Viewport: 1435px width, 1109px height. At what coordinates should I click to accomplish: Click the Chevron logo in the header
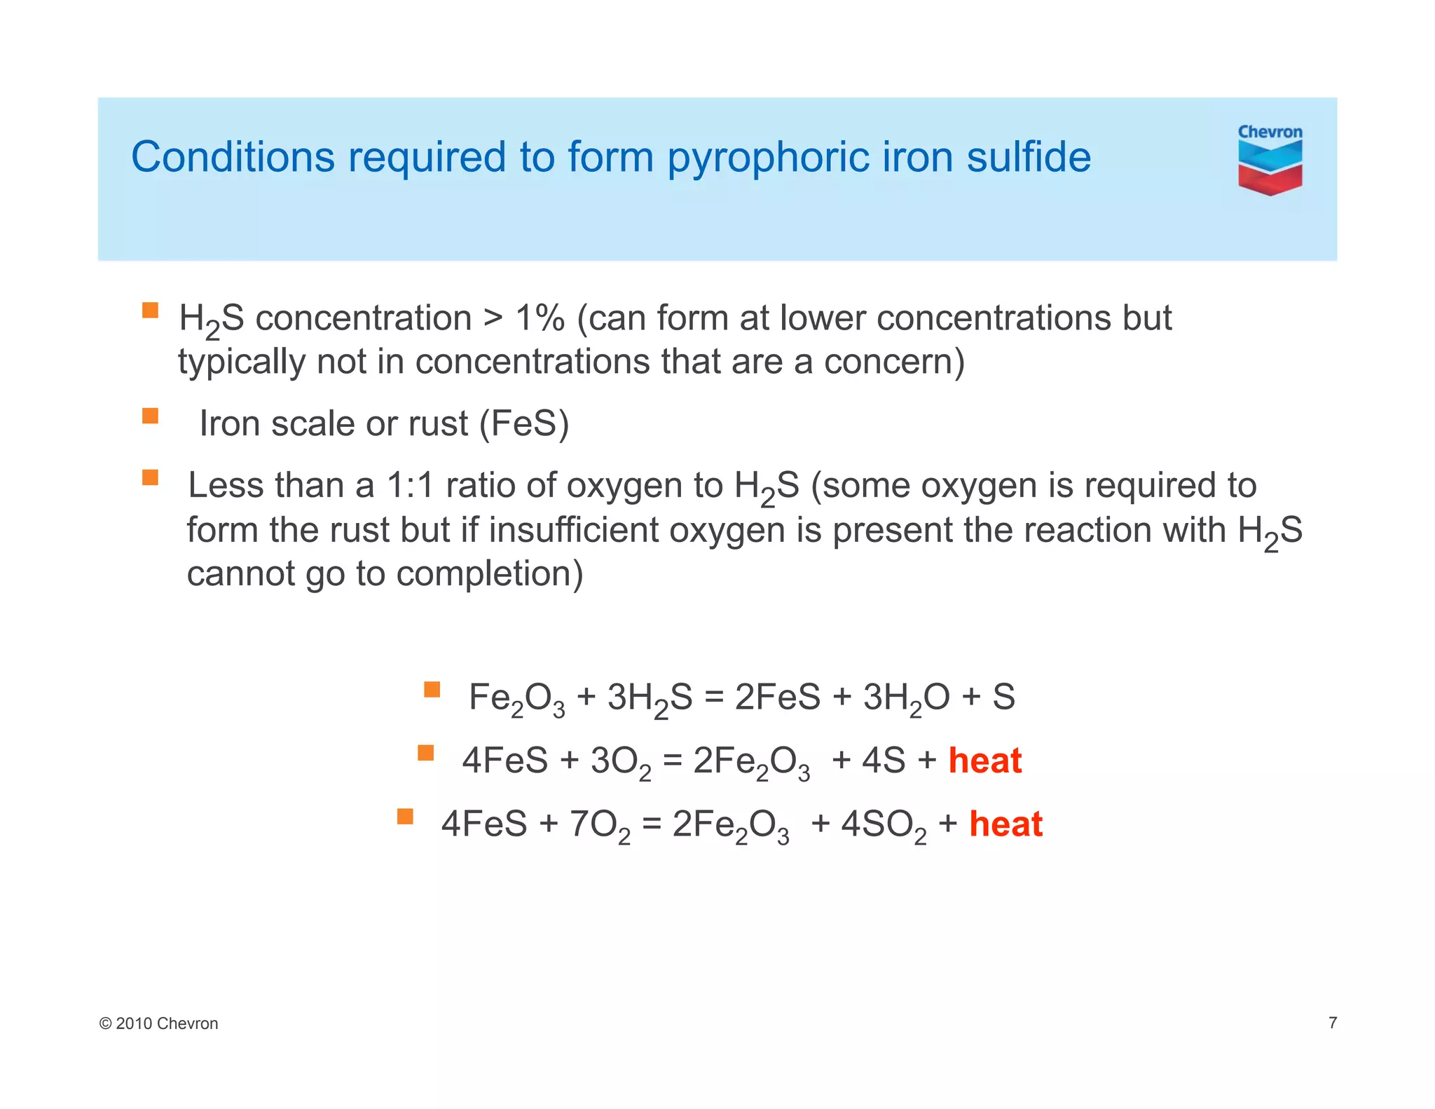1270,161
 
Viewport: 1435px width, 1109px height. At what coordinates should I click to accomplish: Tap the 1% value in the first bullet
540,318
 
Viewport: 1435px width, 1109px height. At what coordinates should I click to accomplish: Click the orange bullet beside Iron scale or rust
150,416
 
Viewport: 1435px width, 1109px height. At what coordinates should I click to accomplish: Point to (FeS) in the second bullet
524,423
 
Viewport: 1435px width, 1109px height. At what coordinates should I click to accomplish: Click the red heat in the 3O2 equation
984,761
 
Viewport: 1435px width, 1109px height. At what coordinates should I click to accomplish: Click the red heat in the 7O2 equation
1005,824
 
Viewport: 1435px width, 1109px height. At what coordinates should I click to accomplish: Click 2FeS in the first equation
777,697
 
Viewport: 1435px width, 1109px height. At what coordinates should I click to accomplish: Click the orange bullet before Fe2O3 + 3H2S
432,690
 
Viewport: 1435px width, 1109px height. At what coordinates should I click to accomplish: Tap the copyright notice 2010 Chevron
159,1023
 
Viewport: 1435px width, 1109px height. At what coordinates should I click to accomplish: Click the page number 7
1332,1023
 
